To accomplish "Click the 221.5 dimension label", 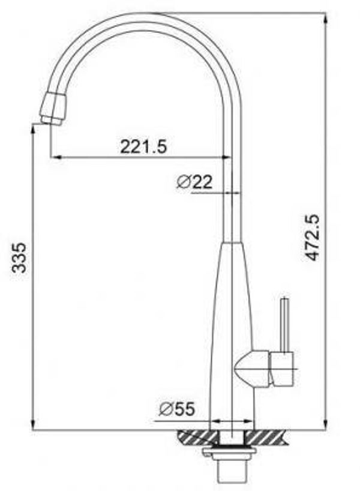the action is pos(143,146).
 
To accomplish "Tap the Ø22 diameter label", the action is pos(194,182).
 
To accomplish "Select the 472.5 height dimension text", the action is pos(313,238).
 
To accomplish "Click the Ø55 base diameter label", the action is pos(177,409).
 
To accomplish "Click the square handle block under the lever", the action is pos(282,369).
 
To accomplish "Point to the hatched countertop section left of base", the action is pos(196,437).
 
